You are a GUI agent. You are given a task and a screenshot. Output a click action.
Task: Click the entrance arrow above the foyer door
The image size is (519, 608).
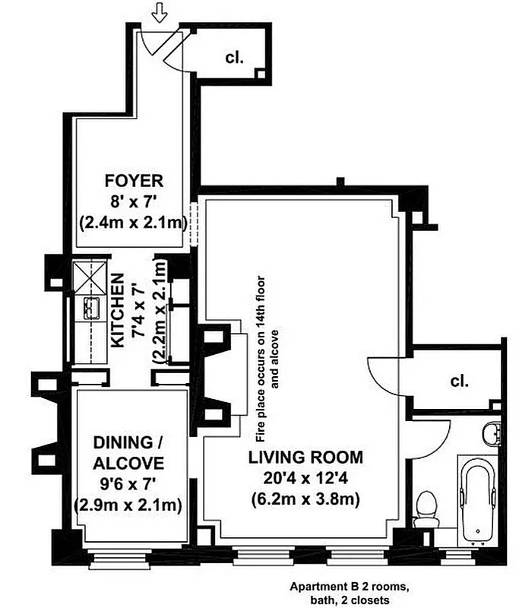coord(159,12)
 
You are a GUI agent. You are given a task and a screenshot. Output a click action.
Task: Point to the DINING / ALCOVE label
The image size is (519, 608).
coord(128,453)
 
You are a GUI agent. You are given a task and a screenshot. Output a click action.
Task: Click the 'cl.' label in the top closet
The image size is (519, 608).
coord(233,57)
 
